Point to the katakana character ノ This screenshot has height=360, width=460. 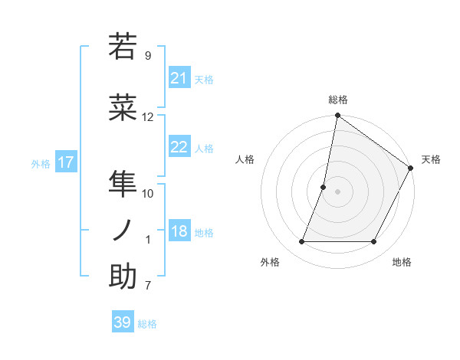tap(123, 231)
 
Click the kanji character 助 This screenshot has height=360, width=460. tap(123, 277)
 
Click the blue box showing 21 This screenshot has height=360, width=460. tap(179, 78)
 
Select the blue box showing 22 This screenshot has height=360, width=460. tap(179, 147)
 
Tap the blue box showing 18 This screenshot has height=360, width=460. tap(179, 231)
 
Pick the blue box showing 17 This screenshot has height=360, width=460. tap(66, 162)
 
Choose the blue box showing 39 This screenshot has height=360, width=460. tap(123, 322)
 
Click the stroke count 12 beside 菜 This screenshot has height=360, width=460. tap(148, 117)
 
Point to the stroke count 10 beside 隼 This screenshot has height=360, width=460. tap(148, 193)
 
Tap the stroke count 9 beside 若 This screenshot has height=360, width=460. tap(148, 55)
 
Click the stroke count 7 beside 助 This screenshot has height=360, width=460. tap(148, 286)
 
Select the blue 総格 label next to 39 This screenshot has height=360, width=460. tap(148, 324)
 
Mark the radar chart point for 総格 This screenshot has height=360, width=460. tap(337, 116)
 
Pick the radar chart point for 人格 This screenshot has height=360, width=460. tap(324, 187)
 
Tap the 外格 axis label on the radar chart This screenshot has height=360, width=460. tap(270, 262)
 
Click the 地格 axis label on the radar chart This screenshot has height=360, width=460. tap(402, 262)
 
